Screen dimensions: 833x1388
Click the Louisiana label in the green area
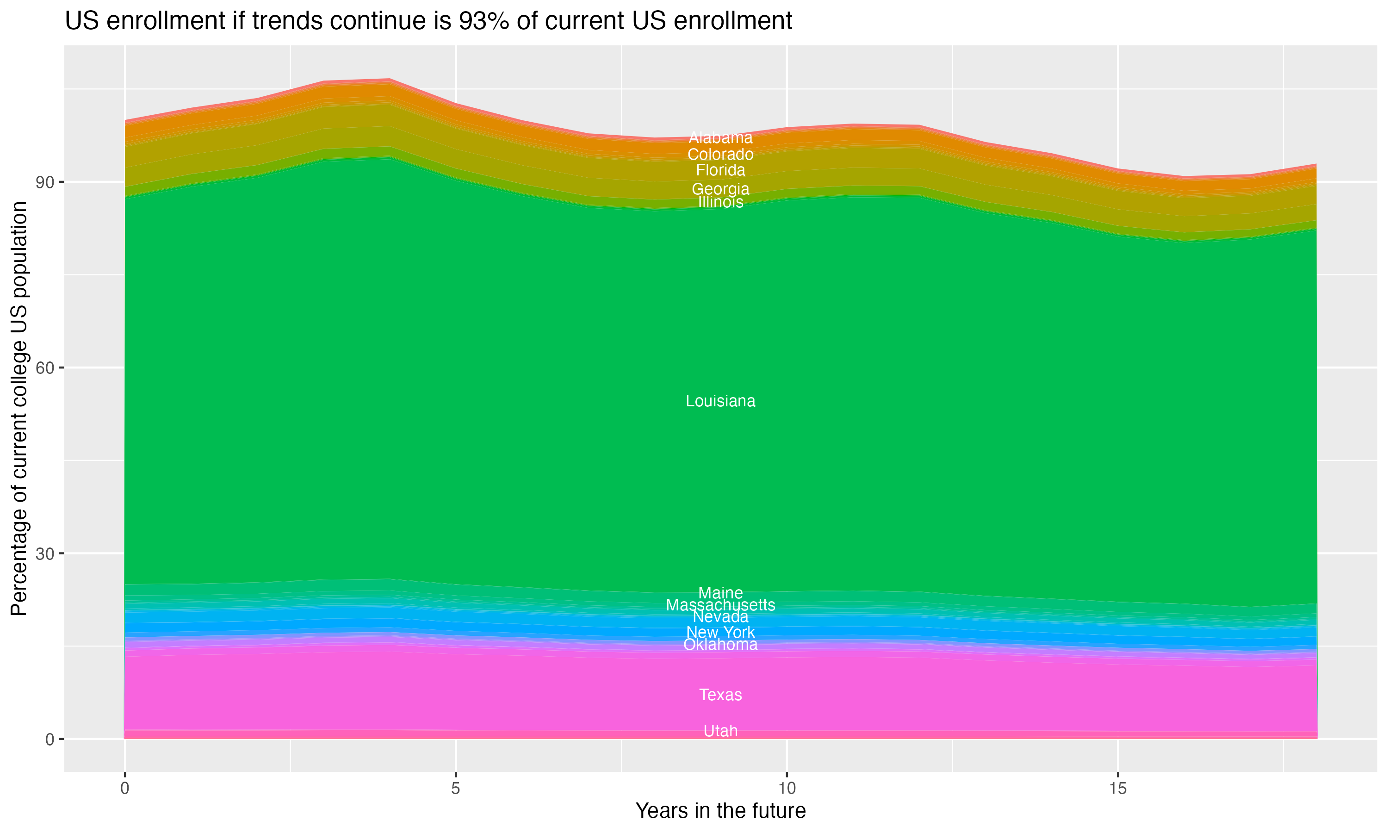tap(720, 401)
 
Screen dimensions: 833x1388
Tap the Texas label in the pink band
tap(720, 695)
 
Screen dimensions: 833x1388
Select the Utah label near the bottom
tap(720, 731)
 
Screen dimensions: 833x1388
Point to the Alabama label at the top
tap(720, 137)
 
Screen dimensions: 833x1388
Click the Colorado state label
tap(720, 154)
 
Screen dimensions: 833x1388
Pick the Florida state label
tap(720, 170)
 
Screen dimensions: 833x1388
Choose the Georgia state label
tap(720, 189)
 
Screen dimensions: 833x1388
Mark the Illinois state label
tap(720, 202)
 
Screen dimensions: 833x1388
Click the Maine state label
tap(720, 593)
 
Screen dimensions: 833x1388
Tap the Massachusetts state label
tap(720, 605)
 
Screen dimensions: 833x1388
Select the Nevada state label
tap(720, 617)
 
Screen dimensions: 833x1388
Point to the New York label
tap(720, 632)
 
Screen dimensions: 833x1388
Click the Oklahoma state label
tap(720, 644)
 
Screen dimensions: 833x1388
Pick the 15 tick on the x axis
tap(1118, 789)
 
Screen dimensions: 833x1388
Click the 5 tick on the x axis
tap(456, 789)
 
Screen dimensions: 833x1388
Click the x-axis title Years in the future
tap(720, 810)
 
